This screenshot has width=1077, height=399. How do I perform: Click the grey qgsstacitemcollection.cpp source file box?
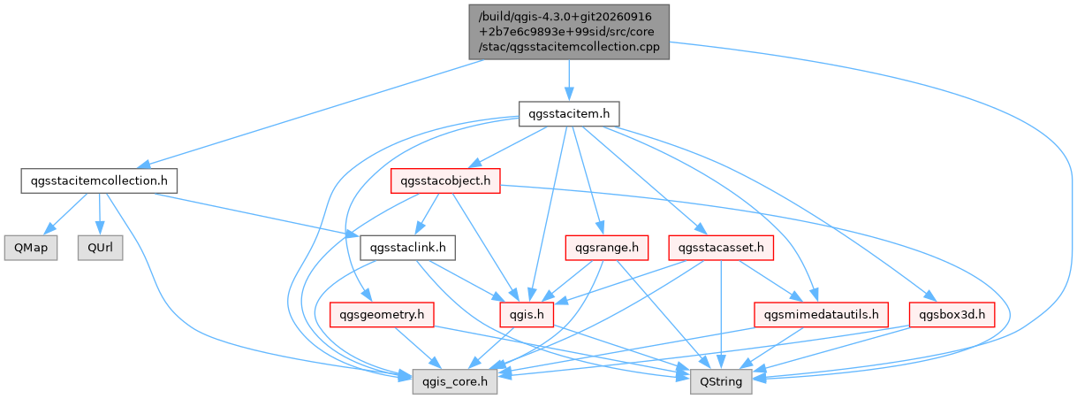click(569, 32)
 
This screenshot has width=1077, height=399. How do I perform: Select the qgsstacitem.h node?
click(569, 114)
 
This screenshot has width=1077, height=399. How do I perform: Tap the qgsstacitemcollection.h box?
click(99, 181)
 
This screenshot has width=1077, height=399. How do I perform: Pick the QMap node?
click(31, 248)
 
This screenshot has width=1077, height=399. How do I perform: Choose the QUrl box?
click(101, 248)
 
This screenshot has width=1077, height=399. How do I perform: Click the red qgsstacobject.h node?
click(445, 181)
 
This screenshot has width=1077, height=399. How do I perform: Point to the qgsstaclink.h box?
click(407, 248)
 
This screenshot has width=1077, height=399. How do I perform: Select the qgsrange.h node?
click(607, 248)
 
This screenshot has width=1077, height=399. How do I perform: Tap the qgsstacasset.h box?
click(721, 248)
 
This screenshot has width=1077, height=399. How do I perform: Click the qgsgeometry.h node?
click(382, 315)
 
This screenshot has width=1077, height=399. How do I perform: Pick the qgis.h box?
click(527, 315)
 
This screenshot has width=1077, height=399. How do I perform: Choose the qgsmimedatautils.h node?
click(821, 315)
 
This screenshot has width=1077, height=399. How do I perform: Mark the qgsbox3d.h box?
click(952, 315)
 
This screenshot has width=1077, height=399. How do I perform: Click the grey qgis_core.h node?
click(455, 381)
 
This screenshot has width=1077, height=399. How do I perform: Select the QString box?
click(721, 381)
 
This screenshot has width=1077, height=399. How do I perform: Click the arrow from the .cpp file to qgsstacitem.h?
click(569, 81)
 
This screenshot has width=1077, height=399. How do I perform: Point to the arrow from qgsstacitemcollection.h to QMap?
click(68, 214)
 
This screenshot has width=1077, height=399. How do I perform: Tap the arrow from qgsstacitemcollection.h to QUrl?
click(100, 214)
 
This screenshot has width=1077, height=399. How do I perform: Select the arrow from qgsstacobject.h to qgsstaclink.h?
click(428, 214)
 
